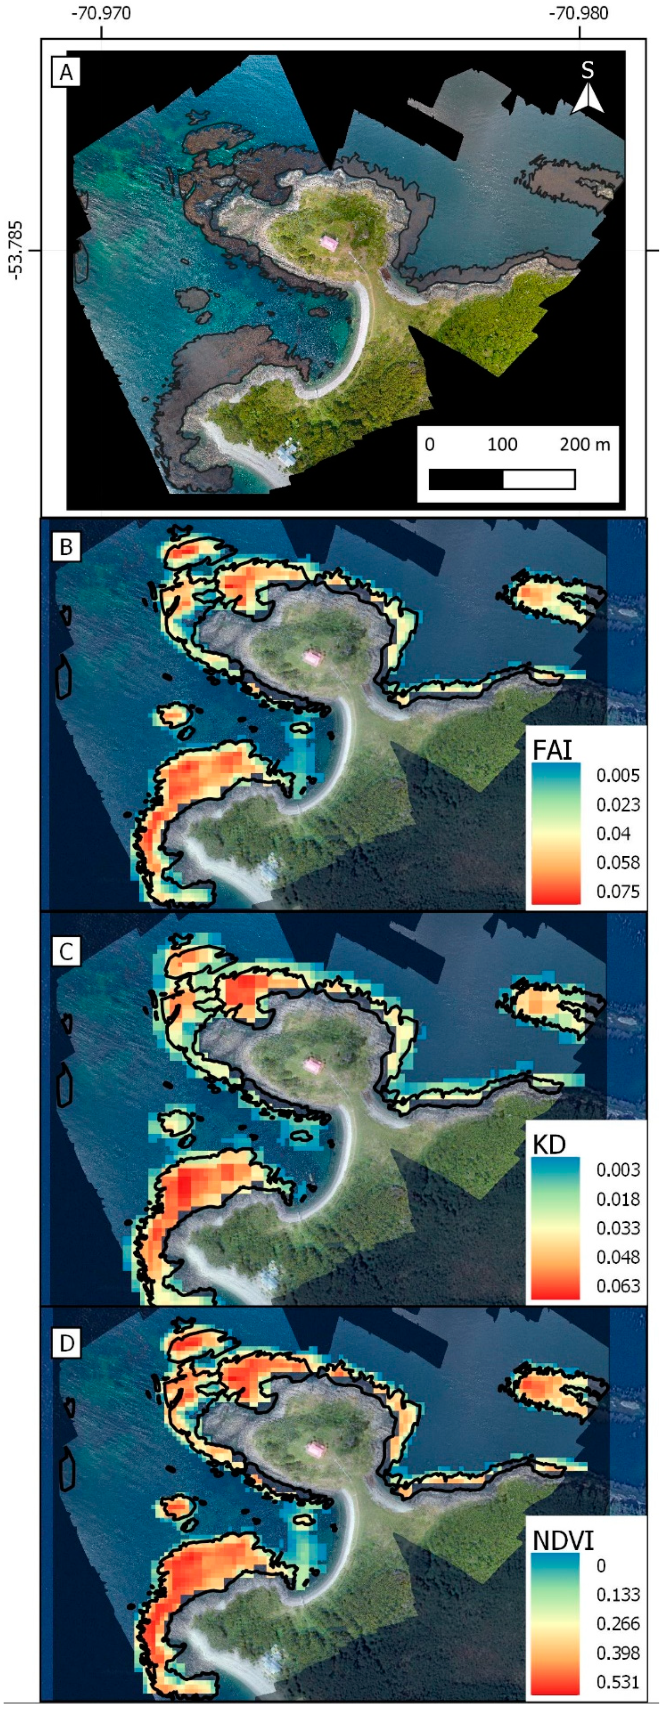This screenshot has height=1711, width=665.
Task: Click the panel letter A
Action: coord(66,72)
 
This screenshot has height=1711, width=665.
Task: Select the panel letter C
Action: coord(66,952)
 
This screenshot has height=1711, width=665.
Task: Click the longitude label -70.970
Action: coord(102,14)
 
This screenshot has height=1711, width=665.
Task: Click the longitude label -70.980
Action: coord(579,14)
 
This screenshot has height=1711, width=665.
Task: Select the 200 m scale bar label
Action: coord(585,444)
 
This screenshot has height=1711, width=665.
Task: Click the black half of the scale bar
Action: coord(466,479)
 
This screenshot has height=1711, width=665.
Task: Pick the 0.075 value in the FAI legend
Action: coord(618,891)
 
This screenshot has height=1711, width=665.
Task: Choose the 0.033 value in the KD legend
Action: coord(618,1227)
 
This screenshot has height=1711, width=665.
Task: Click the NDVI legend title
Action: coord(562,1540)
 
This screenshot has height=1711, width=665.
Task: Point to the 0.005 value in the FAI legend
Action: coord(618,775)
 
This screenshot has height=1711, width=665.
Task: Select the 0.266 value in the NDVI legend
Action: coord(618,1623)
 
